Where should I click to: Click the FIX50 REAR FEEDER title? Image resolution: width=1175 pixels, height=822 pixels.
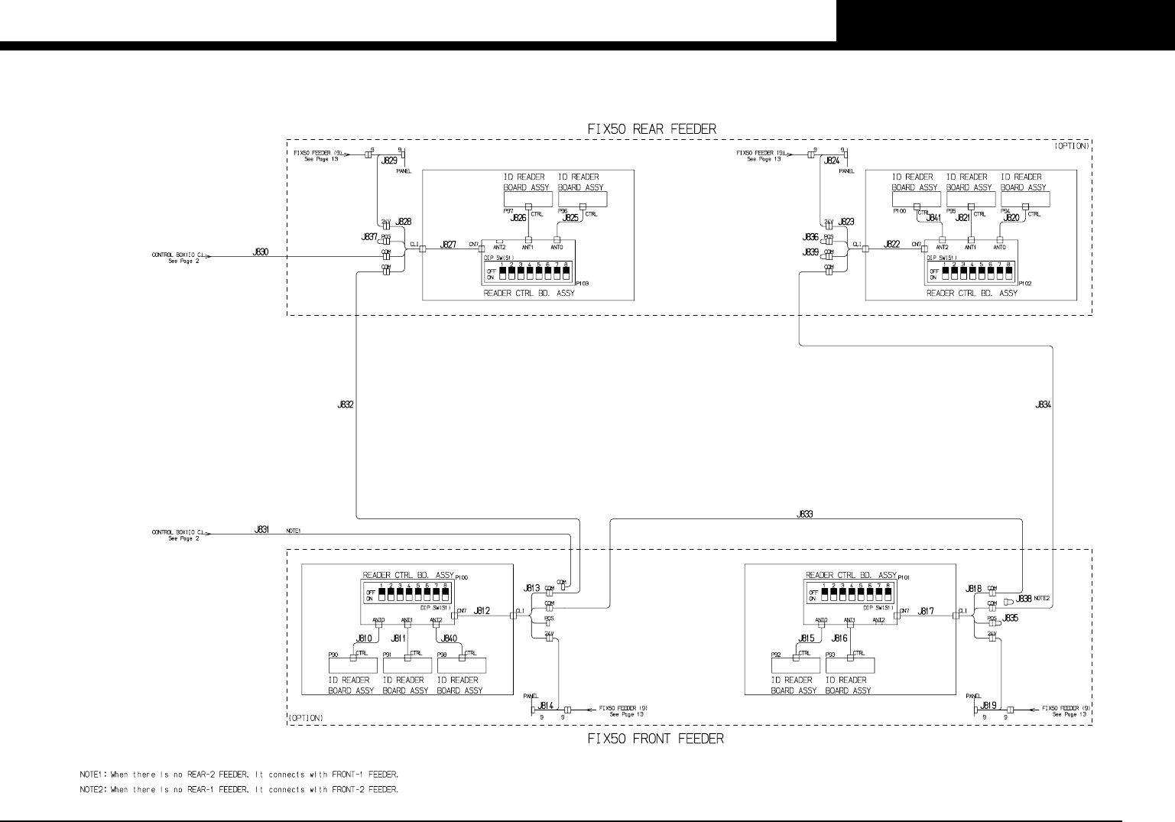click(x=651, y=129)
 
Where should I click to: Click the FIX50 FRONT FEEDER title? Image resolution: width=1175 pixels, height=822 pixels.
click(x=655, y=739)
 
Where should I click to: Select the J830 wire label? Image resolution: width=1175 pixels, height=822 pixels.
click(x=260, y=252)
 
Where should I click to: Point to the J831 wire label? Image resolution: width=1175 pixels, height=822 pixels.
click(x=261, y=529)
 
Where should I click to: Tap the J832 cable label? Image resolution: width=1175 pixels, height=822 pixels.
click(x=345, y=405)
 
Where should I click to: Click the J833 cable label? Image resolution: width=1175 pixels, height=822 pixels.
click(x=804, y=515)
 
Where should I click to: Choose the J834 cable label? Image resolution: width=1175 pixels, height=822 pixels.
click(x=1043, y=405)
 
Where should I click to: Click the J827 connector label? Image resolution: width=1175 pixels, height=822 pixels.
click(x=448, y=245)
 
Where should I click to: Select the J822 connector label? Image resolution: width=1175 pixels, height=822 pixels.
click(x=891, y=245)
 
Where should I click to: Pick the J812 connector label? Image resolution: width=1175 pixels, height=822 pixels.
click(x=482, y=611)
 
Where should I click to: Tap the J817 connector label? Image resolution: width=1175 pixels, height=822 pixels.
click(x=926, y=611)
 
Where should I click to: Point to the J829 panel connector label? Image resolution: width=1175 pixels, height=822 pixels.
click(x=389, y=161)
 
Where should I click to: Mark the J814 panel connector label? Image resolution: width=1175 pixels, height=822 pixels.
click(x=546, y=706)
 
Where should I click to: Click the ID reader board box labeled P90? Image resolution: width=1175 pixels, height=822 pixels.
click(x=352, y=664)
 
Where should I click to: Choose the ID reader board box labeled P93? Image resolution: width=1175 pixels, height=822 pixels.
click(x=849, y=664)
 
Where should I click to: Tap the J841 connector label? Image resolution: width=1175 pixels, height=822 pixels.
click(x=933, y=218)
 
